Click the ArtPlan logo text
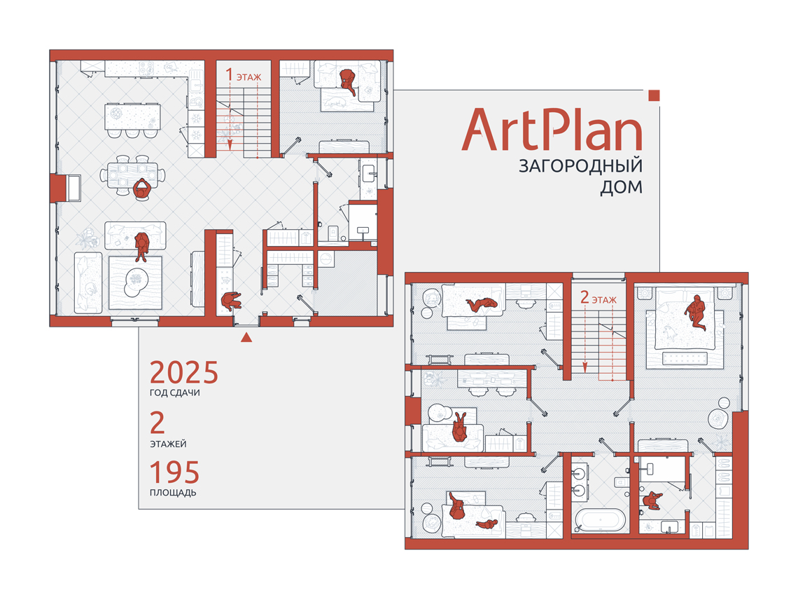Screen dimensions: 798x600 552,129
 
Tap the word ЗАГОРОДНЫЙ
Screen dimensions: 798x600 580,166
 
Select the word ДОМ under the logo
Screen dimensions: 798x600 621,188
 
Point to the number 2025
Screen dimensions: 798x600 183,373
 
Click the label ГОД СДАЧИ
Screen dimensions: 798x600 174,393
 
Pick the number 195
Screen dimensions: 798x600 174,472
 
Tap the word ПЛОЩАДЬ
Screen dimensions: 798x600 173,493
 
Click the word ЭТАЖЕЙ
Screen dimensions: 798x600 168,444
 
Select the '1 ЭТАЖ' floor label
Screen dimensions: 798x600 244,76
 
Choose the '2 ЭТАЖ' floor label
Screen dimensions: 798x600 598,298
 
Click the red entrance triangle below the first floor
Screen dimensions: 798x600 246,337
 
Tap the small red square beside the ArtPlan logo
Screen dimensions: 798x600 654,95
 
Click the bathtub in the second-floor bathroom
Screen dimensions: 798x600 601,521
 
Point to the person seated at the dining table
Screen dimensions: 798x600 142,190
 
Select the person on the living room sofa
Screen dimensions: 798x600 141,246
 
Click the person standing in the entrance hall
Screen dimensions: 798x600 231,301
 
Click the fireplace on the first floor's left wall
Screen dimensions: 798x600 66,188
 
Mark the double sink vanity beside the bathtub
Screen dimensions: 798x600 580,482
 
